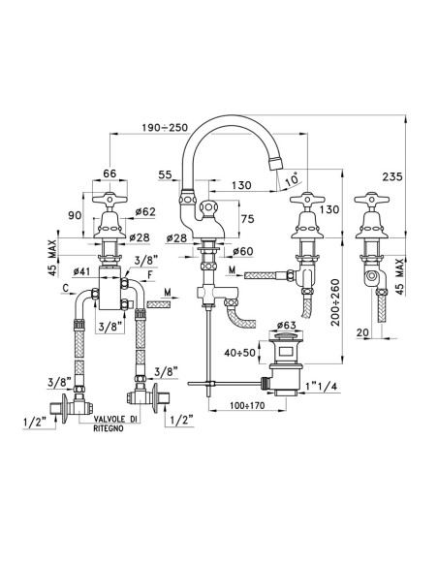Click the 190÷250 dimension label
click(x=165, y=127)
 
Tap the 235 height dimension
click(x=392, y=176)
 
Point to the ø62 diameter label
click(x=145, y=212)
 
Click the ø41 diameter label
click(x=81, y=271)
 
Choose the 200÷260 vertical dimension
click(x=336, y=302)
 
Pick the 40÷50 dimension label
click(x=239, y=353)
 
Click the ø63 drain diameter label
click(x=286, y=326)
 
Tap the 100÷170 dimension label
click(x=247, y=405)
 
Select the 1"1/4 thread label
click(x=321, y=387)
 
